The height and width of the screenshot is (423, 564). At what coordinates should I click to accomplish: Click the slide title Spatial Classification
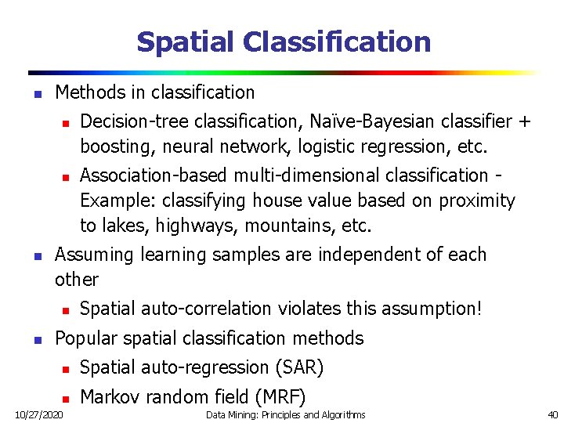click(x=284, y=42)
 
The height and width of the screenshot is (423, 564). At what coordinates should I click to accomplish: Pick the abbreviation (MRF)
click(x=277, y=396)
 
